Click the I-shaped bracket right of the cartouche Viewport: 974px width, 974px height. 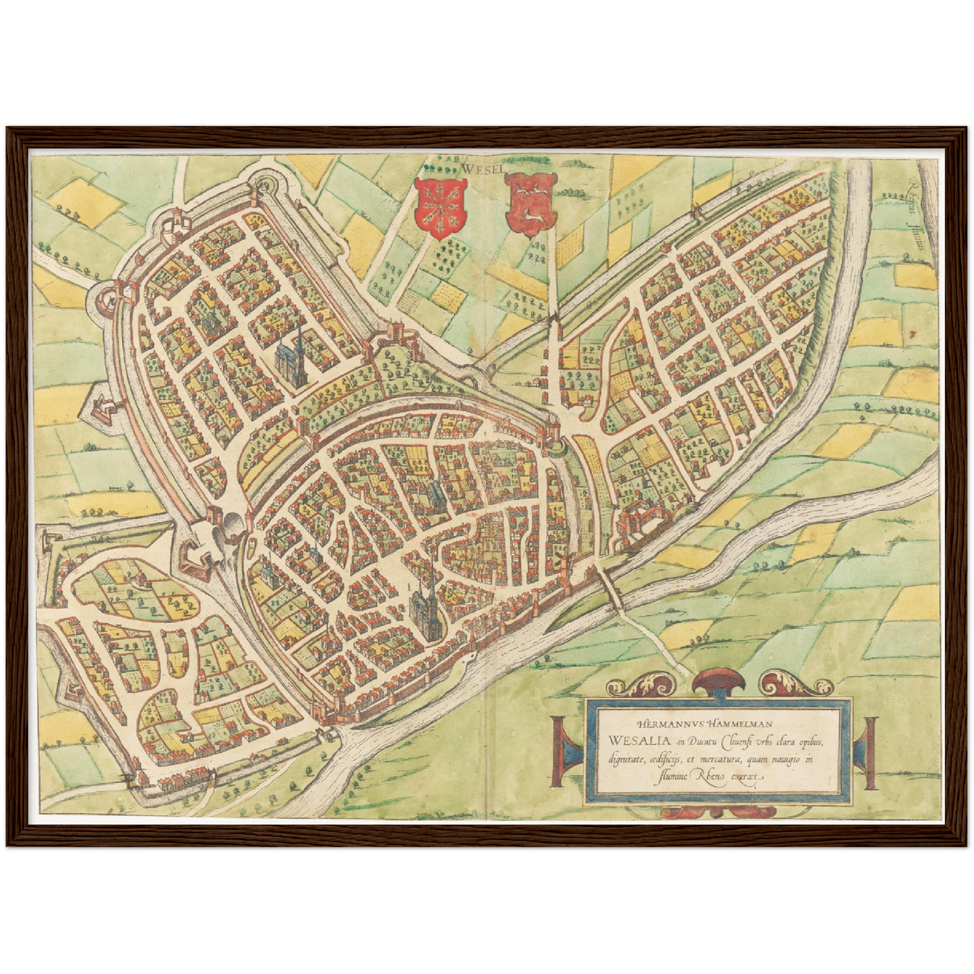click(x=867, y=752)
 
